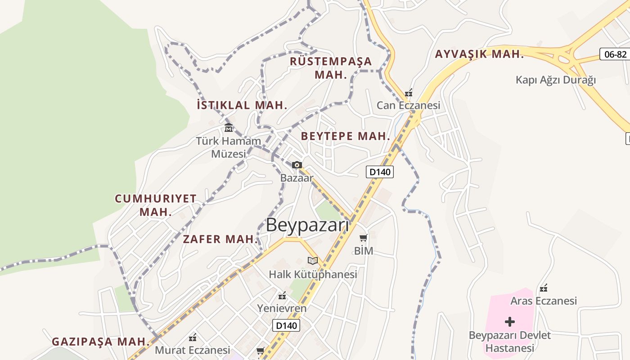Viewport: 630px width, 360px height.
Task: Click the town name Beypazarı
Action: click(x=307, y=225)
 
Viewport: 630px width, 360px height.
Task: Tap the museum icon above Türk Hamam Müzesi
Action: click(x=228, y=127)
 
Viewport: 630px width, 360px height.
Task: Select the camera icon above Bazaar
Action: click(x=297, y=165)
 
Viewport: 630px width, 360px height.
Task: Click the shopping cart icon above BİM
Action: click(x=363, y=238)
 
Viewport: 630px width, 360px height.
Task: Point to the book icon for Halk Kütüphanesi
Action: click(x=313, y=261)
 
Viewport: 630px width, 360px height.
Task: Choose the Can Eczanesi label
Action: click(x=408, y=106)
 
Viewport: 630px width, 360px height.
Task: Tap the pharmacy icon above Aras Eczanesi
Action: click(x=544, y=288)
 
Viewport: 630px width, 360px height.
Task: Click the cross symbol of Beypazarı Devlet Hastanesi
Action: click(x=509, y=322)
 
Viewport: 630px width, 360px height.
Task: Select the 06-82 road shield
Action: click(x=615, y=54)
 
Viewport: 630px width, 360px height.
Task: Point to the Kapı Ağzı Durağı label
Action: click(x=555, y=80)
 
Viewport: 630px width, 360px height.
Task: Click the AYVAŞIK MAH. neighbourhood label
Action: click(x=479, y=54)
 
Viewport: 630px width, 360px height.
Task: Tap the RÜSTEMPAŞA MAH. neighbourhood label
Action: click(x=331, y=67)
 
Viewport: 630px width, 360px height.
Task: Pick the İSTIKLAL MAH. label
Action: click(x=242, y=105)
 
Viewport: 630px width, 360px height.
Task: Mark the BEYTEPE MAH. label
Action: click(x=345, y=136)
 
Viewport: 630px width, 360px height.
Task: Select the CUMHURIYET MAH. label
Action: click(x=156, y=205)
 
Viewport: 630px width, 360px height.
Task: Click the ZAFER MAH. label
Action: click(x=220, y=239)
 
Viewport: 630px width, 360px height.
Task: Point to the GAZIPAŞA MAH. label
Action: click(x=100, y=342)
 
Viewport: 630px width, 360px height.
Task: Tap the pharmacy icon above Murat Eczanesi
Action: click(x=193, y=337)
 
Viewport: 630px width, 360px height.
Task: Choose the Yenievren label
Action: click(x=282, y=308)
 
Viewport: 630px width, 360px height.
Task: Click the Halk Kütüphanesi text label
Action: click(x=313, y=274)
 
